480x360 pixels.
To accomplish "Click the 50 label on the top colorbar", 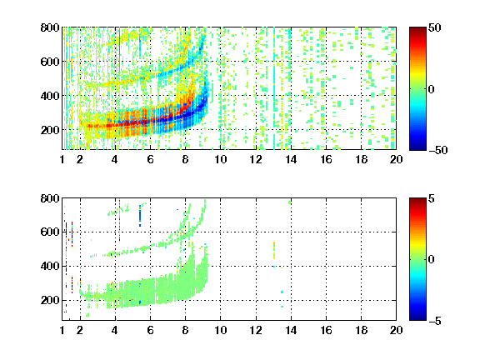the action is point(434,27).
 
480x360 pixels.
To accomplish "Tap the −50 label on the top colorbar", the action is point(438,150).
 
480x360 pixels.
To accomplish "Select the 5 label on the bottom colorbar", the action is point(432,198).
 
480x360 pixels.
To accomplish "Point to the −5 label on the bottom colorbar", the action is point(435,321).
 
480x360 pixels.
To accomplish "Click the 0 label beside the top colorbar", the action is point(431,89).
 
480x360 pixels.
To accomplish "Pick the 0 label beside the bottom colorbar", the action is point(431,260).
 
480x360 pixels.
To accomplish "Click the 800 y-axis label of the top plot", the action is point(50,27).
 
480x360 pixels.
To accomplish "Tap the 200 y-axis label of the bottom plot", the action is point(50,300).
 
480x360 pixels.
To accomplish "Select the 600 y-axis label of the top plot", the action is point(50,62).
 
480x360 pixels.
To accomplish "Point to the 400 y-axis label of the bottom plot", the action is point(50,266).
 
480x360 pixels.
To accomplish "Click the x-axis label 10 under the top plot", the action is point(220,159).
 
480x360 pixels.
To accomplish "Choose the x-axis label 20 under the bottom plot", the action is point(396,330).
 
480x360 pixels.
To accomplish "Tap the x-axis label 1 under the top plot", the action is point(62,159).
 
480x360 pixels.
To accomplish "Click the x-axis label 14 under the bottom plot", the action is point(291,330).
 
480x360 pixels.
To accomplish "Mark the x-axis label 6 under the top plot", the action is point(150,159).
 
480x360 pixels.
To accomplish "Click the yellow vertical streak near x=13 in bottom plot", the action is point(274,250).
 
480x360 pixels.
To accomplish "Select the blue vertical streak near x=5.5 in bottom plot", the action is point(140,216).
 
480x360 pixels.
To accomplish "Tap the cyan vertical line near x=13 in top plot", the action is point(274,88).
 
